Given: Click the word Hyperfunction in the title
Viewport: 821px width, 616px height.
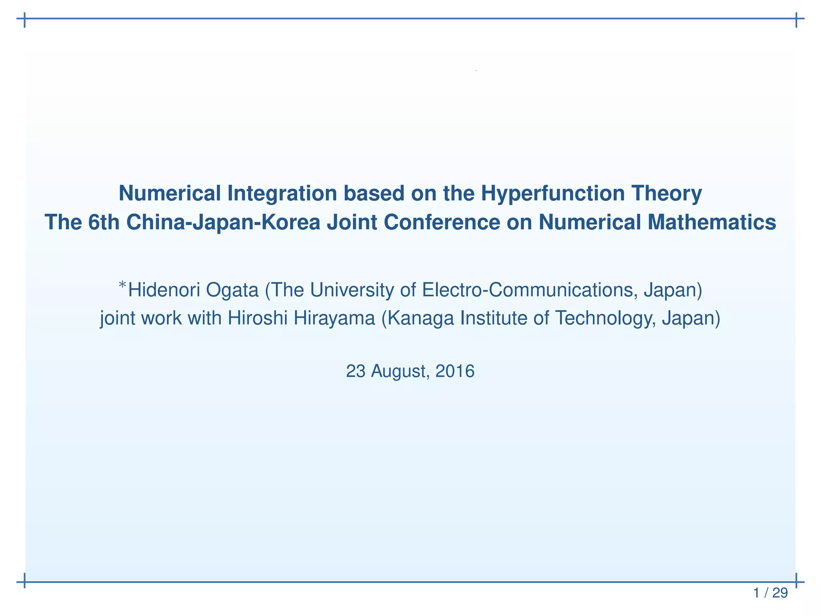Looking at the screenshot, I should click(x=553, y=193).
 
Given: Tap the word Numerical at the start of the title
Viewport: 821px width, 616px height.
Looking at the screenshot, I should click(x=170, y=193).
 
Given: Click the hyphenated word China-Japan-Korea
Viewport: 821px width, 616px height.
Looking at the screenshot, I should click(x=223, y=223).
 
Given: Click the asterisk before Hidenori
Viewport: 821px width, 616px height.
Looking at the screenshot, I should click(x=122, y=286).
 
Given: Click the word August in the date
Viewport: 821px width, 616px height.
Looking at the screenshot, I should click(x=400, y=371).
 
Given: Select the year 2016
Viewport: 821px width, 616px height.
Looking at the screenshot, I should click(x=455, y=371).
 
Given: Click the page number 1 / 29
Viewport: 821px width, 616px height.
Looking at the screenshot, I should click(x=770, y=593).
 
